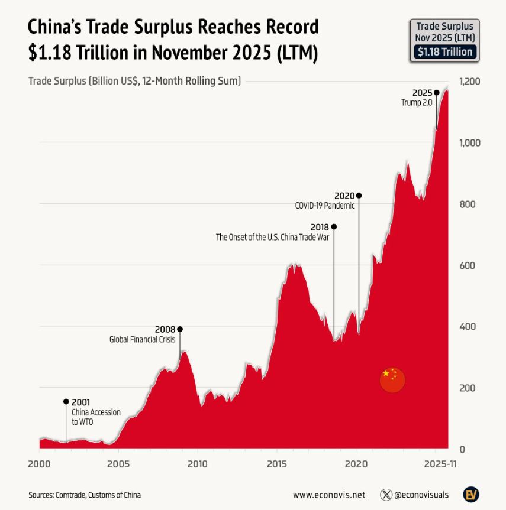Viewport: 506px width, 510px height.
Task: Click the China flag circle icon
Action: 392,380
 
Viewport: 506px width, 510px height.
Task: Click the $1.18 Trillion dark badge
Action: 445,51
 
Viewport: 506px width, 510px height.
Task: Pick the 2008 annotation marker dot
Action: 180,329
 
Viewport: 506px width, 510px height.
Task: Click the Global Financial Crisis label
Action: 143,339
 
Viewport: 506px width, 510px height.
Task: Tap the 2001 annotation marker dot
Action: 66,401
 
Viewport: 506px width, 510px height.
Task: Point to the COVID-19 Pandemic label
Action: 325,206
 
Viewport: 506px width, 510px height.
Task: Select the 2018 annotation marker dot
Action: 334,226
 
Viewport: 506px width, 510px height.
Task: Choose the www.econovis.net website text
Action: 329,495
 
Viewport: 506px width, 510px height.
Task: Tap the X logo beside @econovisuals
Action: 387,495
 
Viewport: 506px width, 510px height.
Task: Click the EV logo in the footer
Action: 471,494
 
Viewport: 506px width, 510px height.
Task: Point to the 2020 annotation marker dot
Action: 359,196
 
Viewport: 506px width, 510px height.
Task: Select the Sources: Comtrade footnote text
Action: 85,495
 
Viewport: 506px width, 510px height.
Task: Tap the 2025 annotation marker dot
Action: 437,92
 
